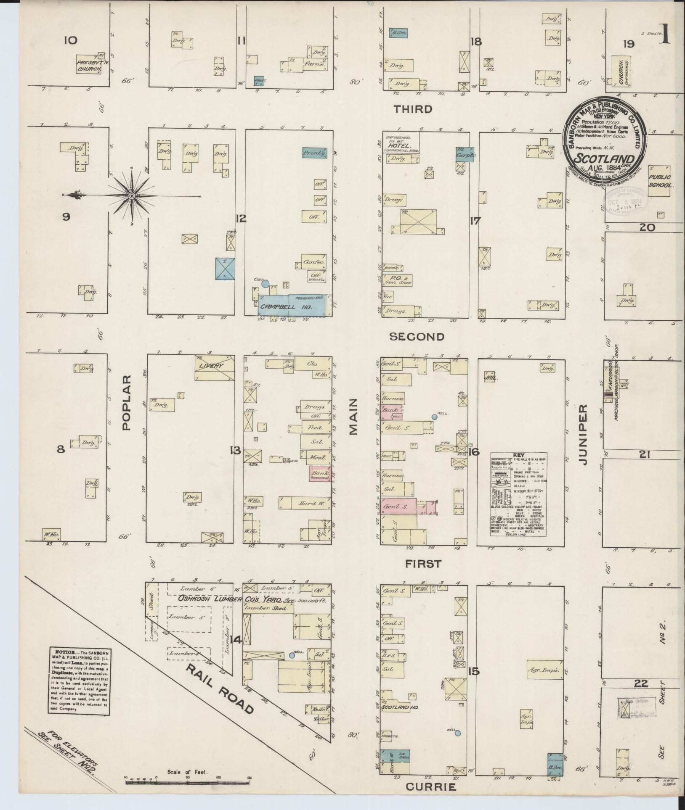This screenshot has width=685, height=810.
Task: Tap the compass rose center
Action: (133, 196)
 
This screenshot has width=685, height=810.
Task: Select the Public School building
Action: (659, 181)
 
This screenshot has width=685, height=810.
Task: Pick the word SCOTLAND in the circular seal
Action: (604, 159)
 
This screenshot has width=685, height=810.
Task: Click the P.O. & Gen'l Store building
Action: (396, 280)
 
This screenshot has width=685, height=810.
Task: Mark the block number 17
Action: (475, 221)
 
